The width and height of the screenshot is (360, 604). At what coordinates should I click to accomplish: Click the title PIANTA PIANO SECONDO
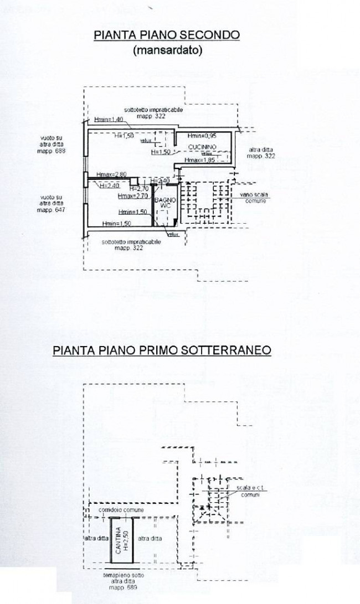(x=167, y=35)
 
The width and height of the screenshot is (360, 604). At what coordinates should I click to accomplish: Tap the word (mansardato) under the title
(x=167, y=50)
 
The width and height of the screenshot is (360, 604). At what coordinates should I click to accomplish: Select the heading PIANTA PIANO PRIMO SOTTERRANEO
(x=162, y=350)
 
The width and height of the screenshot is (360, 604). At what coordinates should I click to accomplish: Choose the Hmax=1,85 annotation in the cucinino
(x=200, y=161)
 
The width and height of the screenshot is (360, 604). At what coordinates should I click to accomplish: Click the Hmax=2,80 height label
(x=111, y=174)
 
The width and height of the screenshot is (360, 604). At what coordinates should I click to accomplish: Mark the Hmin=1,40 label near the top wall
(x=108, y=120)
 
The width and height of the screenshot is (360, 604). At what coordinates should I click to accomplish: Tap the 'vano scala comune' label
(x=253, y=198)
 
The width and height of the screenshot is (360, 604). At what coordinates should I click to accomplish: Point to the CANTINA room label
(x=118, y=540)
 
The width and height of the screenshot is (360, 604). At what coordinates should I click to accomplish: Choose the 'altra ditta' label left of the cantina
(x=95, y=538)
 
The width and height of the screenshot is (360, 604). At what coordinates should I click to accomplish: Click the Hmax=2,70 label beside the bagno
(x=133, y=195)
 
